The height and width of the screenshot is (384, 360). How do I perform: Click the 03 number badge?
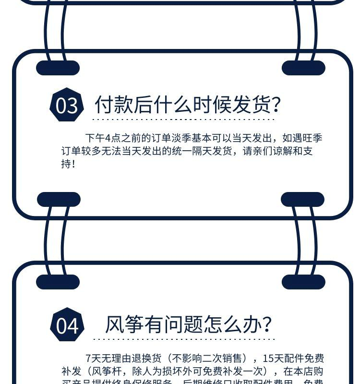click(66, 105)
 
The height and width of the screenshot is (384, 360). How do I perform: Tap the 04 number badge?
click(67, 325)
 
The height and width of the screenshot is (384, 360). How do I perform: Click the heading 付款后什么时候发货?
click(188, 104)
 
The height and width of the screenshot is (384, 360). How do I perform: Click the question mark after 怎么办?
click(267, 324)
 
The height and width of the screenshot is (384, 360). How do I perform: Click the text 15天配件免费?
click(293, 359)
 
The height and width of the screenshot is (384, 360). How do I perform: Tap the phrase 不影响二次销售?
click(209, 359)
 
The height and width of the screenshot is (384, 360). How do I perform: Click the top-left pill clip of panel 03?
click(58, 68)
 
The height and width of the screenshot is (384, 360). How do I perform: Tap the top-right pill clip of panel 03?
click(303, 68)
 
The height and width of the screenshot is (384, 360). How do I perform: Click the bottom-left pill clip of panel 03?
click(59, 199)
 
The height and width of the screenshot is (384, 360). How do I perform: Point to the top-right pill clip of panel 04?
click(303, 282)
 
